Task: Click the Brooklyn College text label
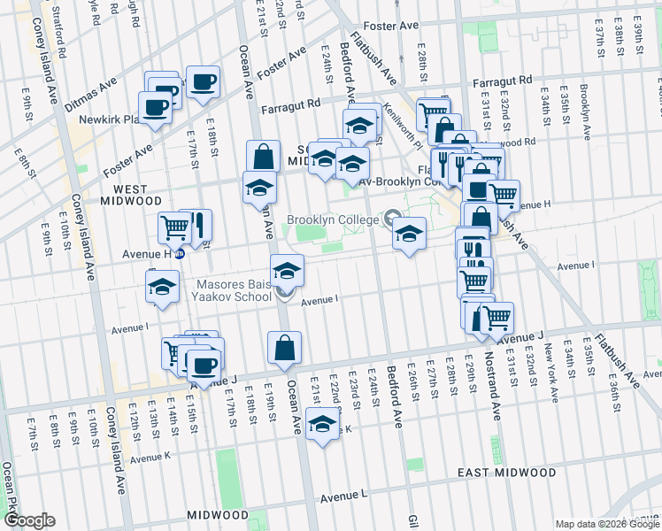click(x=331, y=219)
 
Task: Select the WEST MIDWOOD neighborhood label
click(x=131, y=189)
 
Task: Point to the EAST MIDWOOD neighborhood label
click(x=507, y=473)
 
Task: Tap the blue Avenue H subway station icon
click(x=180, y=254)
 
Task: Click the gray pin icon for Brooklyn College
click(x=390, y=218)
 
